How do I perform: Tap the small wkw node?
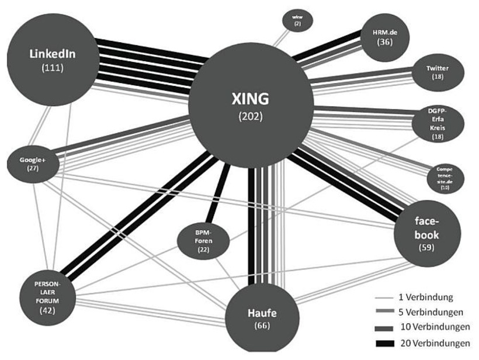coord(297,20)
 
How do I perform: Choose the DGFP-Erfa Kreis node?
coord(438,123)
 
